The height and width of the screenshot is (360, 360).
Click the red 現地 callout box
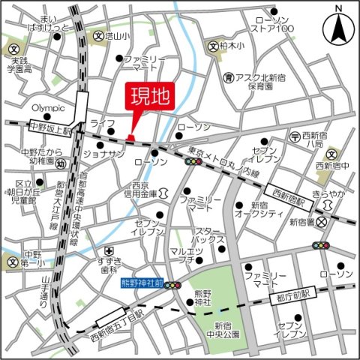149,97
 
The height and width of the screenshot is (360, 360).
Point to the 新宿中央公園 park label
226,330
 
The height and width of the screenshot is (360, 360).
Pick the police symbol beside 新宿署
322,222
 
